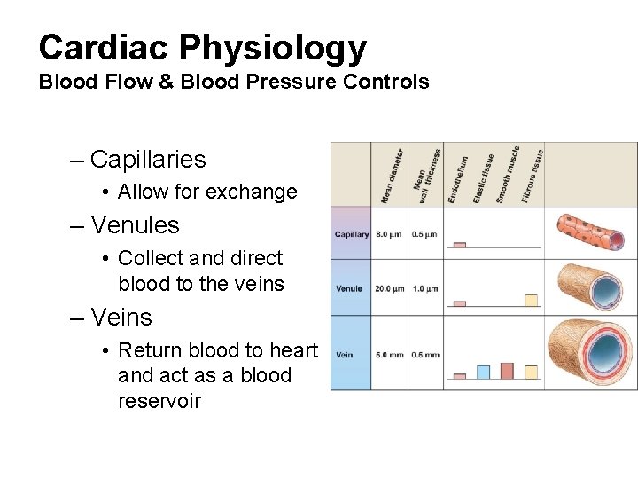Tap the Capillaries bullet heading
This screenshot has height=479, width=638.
coord(147,160)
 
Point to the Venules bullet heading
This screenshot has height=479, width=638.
coord(135,225)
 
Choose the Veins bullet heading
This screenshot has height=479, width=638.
coord(121,318)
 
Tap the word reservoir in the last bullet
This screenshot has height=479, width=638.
coord(159,401)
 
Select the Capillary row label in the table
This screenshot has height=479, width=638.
coord(352,235)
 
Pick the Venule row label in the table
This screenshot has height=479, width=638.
coord(349,288)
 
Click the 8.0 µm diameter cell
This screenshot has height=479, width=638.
coord(390,235)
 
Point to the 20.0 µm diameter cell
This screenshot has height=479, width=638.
coord(389,288)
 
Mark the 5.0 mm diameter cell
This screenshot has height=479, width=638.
coord(390,355)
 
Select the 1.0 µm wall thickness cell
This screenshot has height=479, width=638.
coord(425,288)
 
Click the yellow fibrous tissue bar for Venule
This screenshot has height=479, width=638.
coord(532,300)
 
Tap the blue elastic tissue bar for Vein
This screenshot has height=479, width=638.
coord(483,371)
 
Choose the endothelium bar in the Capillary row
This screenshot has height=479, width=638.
coord(459,244)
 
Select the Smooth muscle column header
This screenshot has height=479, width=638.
coord(508,174)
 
